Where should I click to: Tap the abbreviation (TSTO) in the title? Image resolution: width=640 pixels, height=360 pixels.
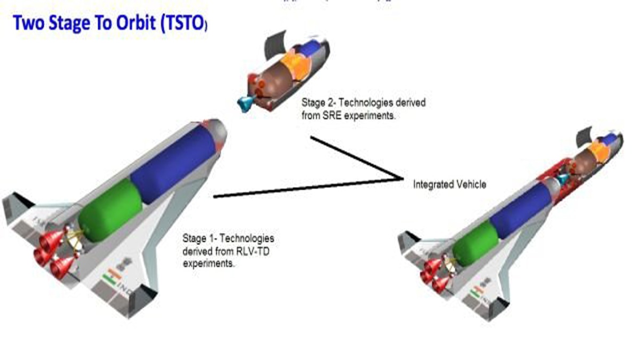[x=182, y=24]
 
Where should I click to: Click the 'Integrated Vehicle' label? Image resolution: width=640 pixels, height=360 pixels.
[x=450, y=184]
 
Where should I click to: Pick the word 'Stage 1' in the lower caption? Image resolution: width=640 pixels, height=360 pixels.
[x=196, y=237]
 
